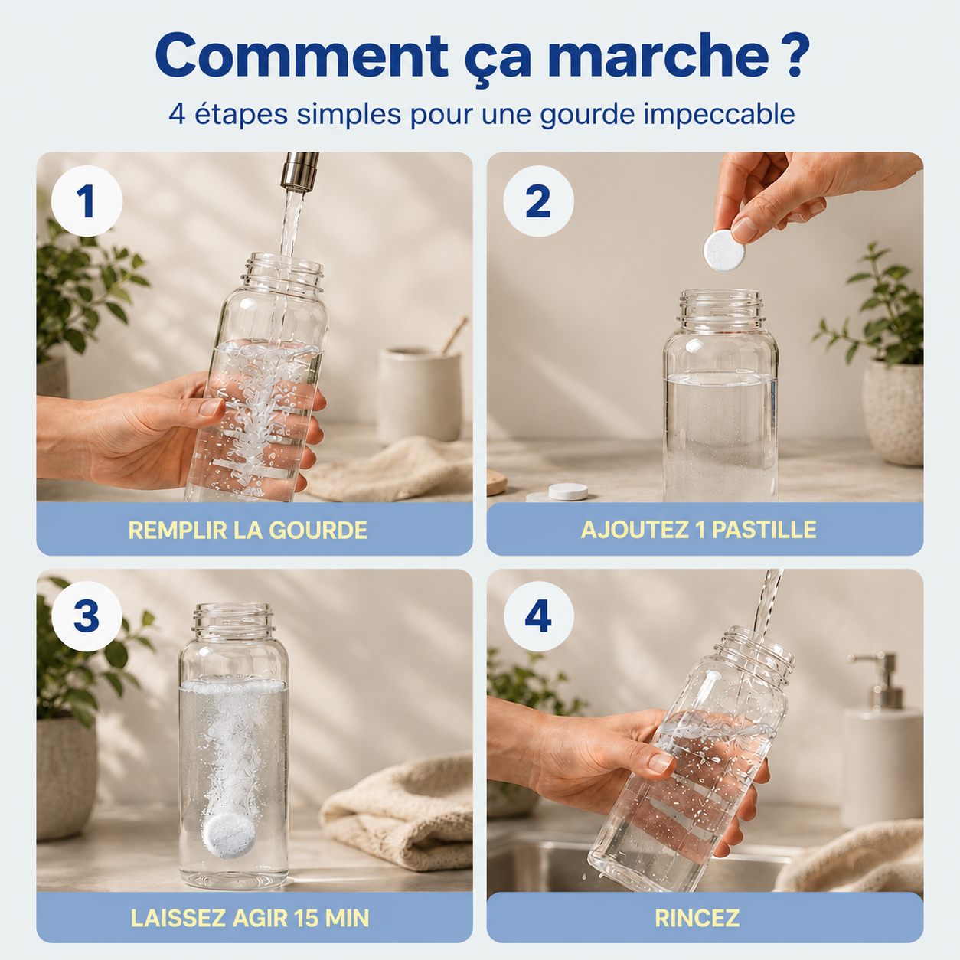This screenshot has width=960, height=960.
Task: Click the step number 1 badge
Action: (x=87, y=201)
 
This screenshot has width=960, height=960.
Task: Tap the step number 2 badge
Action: (x=538, y=201)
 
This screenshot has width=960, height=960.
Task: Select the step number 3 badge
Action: (x=87, y=616)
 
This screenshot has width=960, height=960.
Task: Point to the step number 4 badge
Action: (x=538, y=616)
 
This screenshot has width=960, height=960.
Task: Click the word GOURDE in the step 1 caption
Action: (x=318, y=530)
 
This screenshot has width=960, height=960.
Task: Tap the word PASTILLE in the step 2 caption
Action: (x=764, y=530)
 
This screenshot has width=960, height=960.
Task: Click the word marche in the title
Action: (x=663, y=55)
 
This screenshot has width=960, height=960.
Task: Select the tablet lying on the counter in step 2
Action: (x=568, y=491)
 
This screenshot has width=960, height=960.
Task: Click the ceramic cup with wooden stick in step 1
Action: (x=419, y=394)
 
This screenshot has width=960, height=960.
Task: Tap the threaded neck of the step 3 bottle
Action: (x=233, y=620)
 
